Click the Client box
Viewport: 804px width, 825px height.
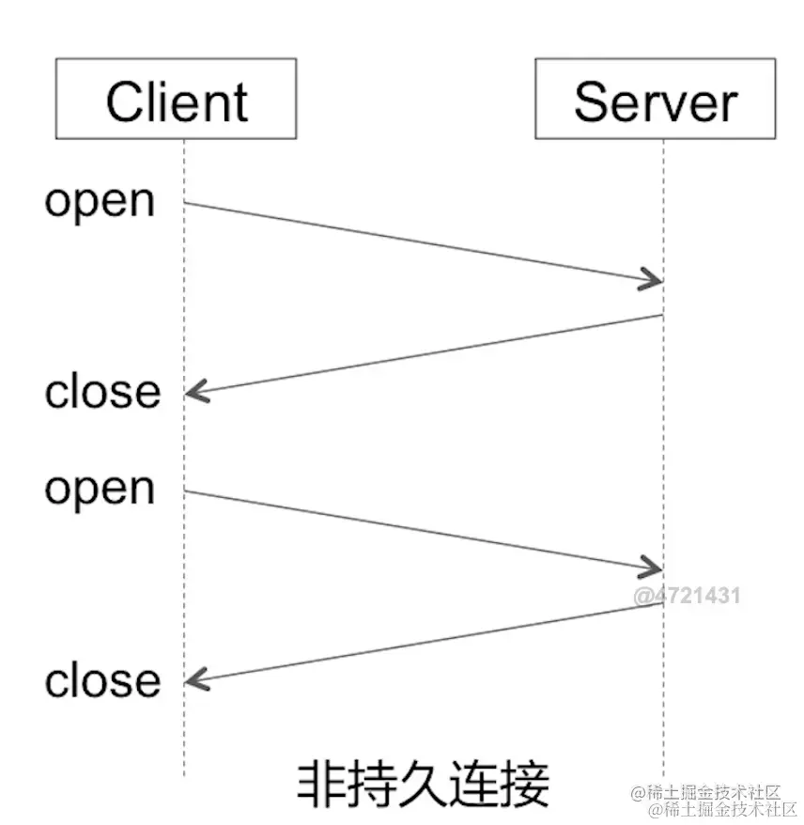177,99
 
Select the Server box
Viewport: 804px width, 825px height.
656,99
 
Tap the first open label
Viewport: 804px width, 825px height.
100,201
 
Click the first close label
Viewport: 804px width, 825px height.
102,391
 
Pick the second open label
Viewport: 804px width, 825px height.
100,489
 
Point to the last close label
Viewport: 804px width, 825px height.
102,680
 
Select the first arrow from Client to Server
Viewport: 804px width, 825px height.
423,241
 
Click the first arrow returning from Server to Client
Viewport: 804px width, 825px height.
423,354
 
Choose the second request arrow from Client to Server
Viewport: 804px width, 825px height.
423,530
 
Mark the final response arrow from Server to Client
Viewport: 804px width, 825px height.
423,642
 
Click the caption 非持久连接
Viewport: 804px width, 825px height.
423,784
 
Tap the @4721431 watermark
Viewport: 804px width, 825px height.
687,596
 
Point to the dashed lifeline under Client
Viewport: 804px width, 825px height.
184,733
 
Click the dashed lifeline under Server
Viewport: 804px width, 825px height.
664,714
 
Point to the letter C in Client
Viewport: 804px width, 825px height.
124,101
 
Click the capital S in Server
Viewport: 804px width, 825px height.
591,101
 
